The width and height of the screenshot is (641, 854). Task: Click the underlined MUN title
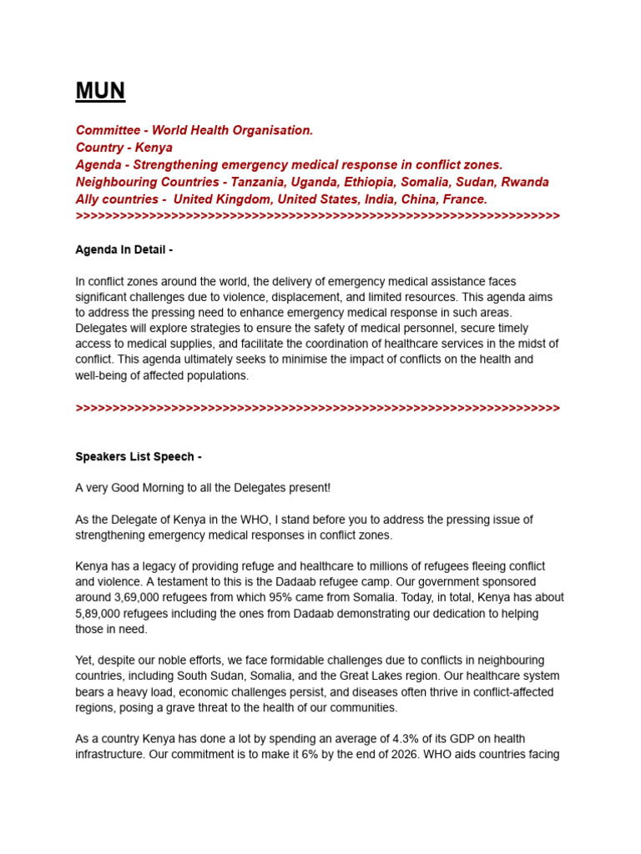(x=100, y=91)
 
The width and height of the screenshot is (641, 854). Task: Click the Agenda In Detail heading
(x=124, y=249)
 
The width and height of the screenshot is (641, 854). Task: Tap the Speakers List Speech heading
(x=138, y=457)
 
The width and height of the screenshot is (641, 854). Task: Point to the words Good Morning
(x=154, y=488)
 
